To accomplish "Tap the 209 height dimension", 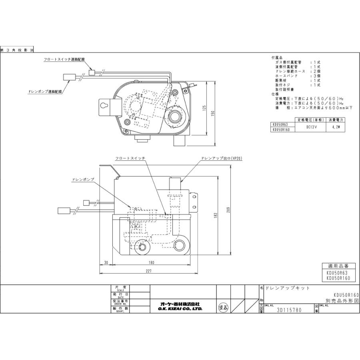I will click(229, 212).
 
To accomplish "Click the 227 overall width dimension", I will click(149, 271).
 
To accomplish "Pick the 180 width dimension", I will click(151, 262).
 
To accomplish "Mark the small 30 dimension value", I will click(106, 262).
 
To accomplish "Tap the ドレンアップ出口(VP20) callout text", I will click(222, 158).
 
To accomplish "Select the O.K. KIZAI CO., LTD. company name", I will click(181, 309).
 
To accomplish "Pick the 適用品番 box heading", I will click(338, 266).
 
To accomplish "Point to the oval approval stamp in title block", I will click(224, 308).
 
